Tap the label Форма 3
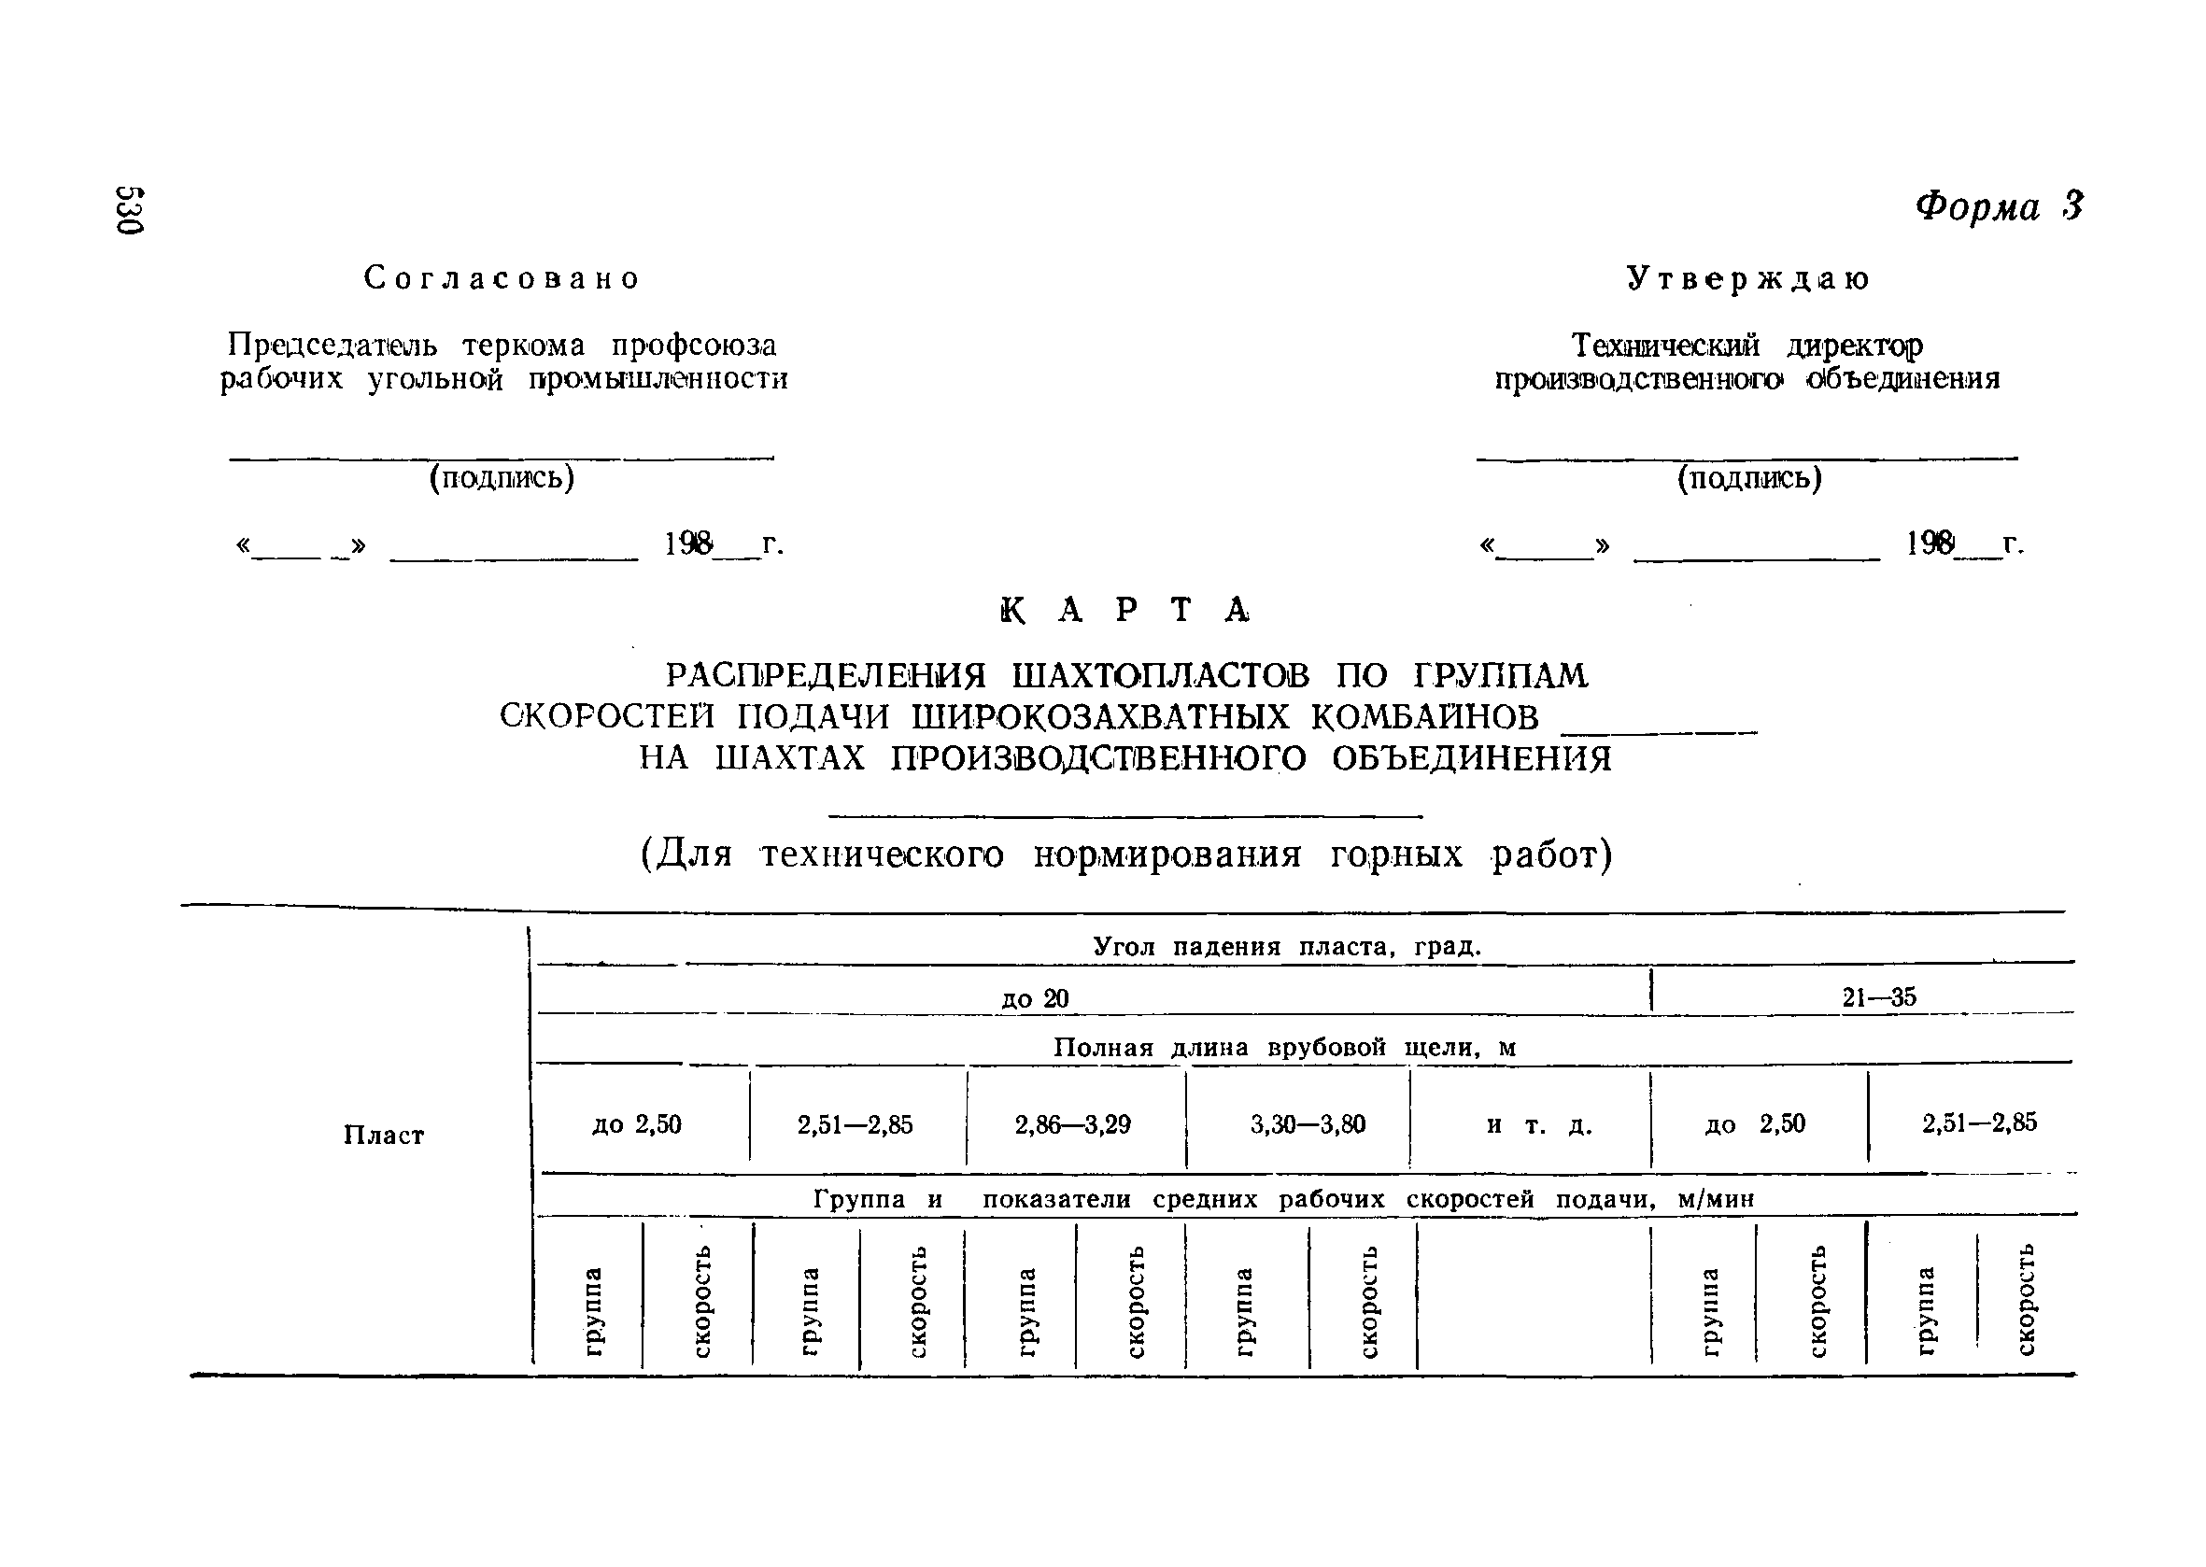coord(1999,206)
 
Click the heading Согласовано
coord(502,278)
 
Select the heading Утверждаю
coord(1747,278)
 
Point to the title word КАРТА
coord(1125,610)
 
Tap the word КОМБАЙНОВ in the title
coord(1424,717)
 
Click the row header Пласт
coord(383,1135)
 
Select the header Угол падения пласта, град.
coord(1286,947)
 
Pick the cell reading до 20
coord(1035,997)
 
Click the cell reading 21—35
coord(1878,996)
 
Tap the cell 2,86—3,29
coord(1073,1124)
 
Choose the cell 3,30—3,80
coord(1308,1124)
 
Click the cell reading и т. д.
coord(1538,1124)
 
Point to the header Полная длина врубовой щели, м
coord(1284,1048)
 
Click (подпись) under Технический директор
coord(1748,477)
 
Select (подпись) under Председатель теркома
coord(502,477)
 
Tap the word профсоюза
coord(694,345)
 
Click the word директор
coord(1854,345)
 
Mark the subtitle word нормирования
coord(1167,854)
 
